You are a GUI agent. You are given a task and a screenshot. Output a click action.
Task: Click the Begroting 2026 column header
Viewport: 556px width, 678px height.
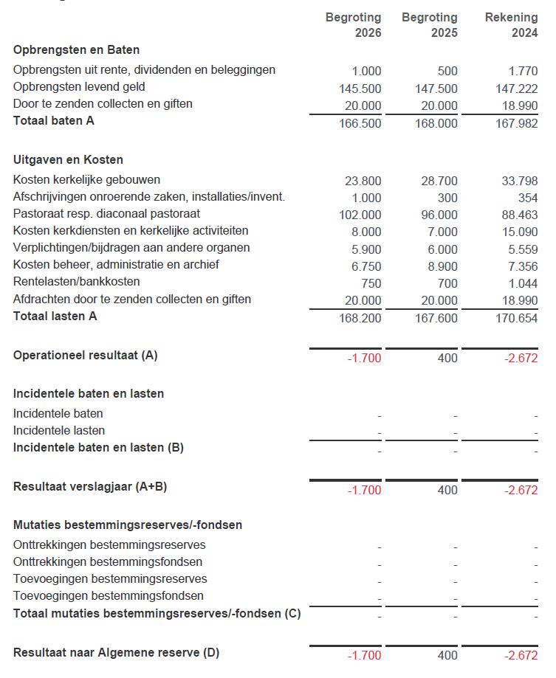354,24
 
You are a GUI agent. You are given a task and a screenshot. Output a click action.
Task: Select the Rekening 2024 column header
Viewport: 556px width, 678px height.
511,24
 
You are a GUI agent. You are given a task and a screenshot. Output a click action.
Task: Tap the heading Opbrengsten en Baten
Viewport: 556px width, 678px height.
77,50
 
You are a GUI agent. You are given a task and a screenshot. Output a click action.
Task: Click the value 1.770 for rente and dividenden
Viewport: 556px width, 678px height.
523,72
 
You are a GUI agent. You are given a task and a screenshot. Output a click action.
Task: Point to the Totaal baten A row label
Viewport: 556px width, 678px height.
54,120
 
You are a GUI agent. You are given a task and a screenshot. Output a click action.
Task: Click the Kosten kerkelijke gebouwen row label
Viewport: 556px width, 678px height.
86,179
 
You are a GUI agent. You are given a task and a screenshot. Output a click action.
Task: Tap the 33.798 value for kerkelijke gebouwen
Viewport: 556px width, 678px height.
520,181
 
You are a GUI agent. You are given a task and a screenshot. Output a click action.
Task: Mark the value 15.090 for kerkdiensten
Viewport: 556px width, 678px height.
520,232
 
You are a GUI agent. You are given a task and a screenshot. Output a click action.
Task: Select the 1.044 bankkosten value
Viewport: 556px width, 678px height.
523,283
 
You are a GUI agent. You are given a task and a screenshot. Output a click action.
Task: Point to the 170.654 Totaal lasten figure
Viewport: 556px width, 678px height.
517,319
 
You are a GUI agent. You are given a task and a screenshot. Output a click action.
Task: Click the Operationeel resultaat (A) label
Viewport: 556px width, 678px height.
86,355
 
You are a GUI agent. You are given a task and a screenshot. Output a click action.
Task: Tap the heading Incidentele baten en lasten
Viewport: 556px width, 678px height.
89,393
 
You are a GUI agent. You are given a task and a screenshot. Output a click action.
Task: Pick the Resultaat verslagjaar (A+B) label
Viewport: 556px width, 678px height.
96,486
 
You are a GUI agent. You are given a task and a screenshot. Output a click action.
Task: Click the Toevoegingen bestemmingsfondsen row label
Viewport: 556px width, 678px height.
109,595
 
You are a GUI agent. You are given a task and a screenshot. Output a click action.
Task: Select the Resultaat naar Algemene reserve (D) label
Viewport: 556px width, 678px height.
116,652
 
